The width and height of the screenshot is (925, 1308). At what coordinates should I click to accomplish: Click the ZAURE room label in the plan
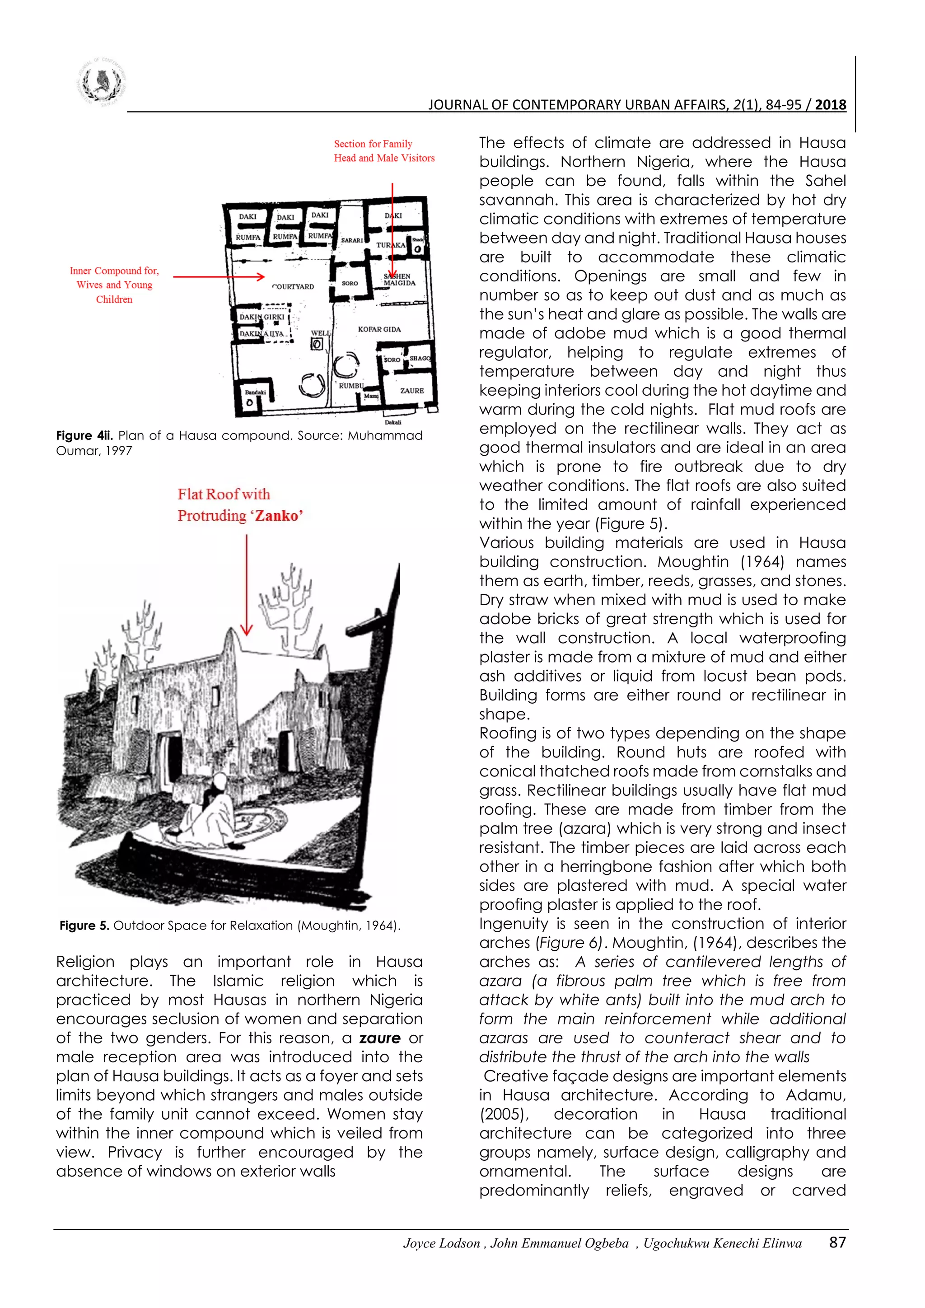[412, 391]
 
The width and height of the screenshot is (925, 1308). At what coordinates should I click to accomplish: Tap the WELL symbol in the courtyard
[317, 344]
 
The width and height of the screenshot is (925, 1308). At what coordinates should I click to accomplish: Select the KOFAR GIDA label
[379, 329]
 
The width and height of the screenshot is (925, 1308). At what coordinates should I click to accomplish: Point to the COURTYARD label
[293, 286]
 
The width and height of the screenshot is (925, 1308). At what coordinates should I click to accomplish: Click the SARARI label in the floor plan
[351, 240]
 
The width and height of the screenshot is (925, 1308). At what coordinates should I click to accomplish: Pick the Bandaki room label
[255, 392]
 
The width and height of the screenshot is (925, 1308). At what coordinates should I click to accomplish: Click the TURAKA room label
[391, 245]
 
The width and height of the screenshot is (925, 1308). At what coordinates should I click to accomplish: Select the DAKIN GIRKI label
[262, 317]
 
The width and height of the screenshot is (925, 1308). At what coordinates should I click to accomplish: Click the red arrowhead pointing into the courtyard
[260, 277]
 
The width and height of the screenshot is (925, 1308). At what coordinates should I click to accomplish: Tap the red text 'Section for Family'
[373, 144]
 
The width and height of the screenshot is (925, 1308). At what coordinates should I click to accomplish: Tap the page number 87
[837, 1243]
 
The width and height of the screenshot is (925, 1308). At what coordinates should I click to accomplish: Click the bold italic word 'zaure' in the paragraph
[380, 1038]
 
